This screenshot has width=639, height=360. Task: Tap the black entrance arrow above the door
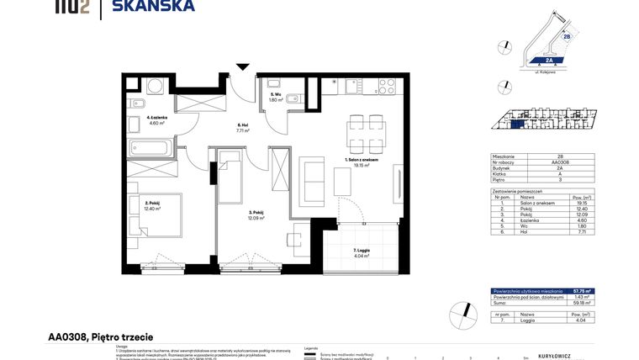pos(243,67)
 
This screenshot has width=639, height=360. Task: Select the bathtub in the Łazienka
pos(151,149)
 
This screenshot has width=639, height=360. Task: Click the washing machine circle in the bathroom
pos(155,85)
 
